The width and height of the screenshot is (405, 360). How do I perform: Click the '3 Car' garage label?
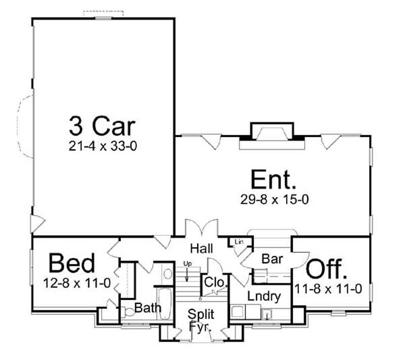pos(103,124)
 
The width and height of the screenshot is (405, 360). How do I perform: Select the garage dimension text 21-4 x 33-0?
pos(103,146)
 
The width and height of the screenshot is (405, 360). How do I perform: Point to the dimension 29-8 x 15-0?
pos(274,199)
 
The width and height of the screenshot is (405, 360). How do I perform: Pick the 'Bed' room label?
pos(71,263)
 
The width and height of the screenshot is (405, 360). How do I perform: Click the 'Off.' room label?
pos(327,269)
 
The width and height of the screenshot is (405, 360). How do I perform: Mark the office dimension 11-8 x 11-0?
pos(328,289)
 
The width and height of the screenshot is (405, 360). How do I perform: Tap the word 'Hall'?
pos(201,249)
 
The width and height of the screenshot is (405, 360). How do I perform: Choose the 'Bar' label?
pos(272,259)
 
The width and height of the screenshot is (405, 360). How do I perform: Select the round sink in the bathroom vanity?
pos(168,274)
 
